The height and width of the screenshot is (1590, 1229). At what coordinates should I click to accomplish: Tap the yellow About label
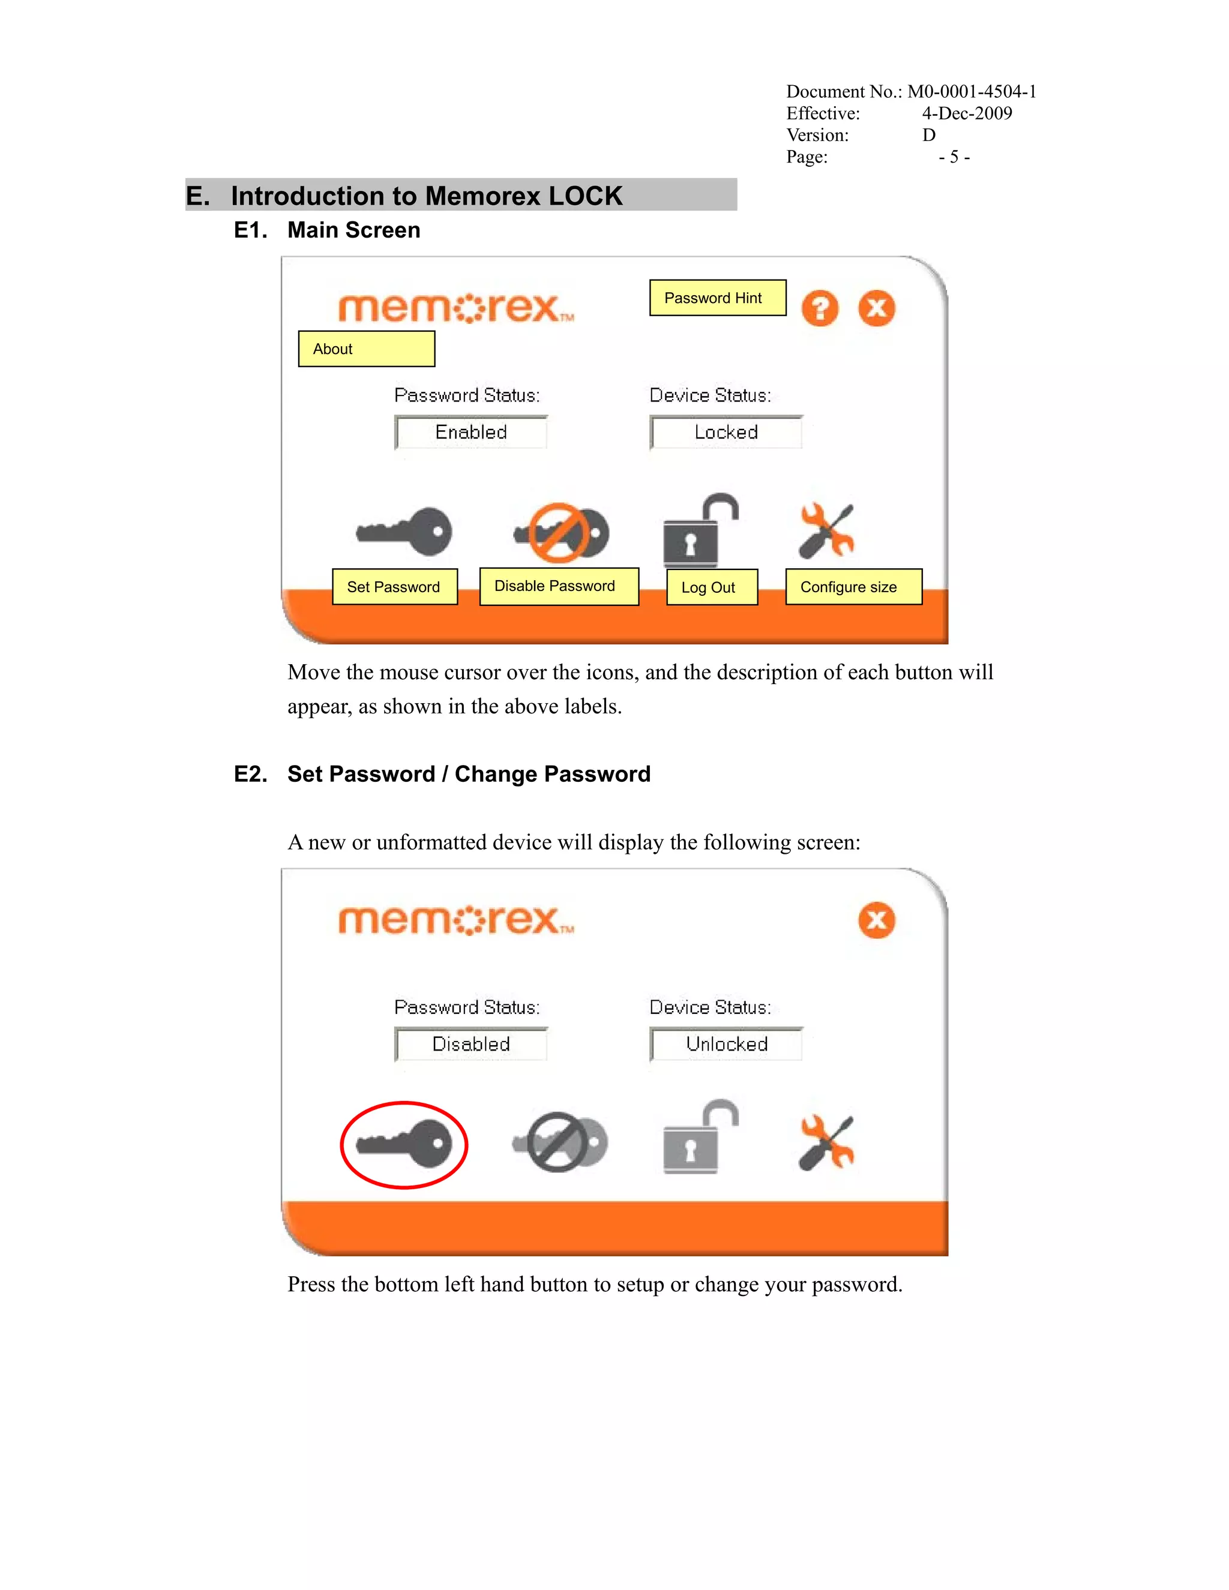coord(366,349)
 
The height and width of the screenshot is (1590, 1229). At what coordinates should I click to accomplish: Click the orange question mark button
coord(820,308)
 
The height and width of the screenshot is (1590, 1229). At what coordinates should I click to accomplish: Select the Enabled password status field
coord(471,433)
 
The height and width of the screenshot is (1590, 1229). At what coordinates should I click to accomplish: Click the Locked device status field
coord(726,433)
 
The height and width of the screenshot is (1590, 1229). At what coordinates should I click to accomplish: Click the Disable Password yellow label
coord(559,586)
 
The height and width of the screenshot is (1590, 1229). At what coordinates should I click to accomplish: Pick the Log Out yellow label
coord(711,587)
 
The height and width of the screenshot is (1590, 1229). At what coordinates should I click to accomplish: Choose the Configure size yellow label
coord(853,587)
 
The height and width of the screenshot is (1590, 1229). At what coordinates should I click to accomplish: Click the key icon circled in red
coord(404,1144)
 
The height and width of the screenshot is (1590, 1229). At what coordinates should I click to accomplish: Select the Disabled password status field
coord(471,1044)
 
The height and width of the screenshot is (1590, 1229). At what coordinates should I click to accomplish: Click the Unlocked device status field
coord(726,1044)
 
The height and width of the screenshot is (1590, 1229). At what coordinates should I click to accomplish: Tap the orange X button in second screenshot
coord(877,920)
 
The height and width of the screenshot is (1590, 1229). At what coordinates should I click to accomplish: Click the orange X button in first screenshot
coord(877,308)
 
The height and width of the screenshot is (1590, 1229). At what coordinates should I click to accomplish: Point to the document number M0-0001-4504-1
coord(972,92)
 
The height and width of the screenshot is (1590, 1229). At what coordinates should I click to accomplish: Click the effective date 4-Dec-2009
coord(966,113)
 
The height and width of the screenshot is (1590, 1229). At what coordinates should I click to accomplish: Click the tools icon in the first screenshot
coord(826,530)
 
